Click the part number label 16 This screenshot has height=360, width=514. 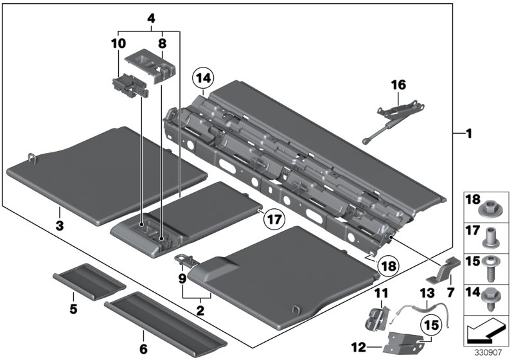click(x=400, y=84)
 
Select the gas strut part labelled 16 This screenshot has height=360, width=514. click(x=389, y=121)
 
